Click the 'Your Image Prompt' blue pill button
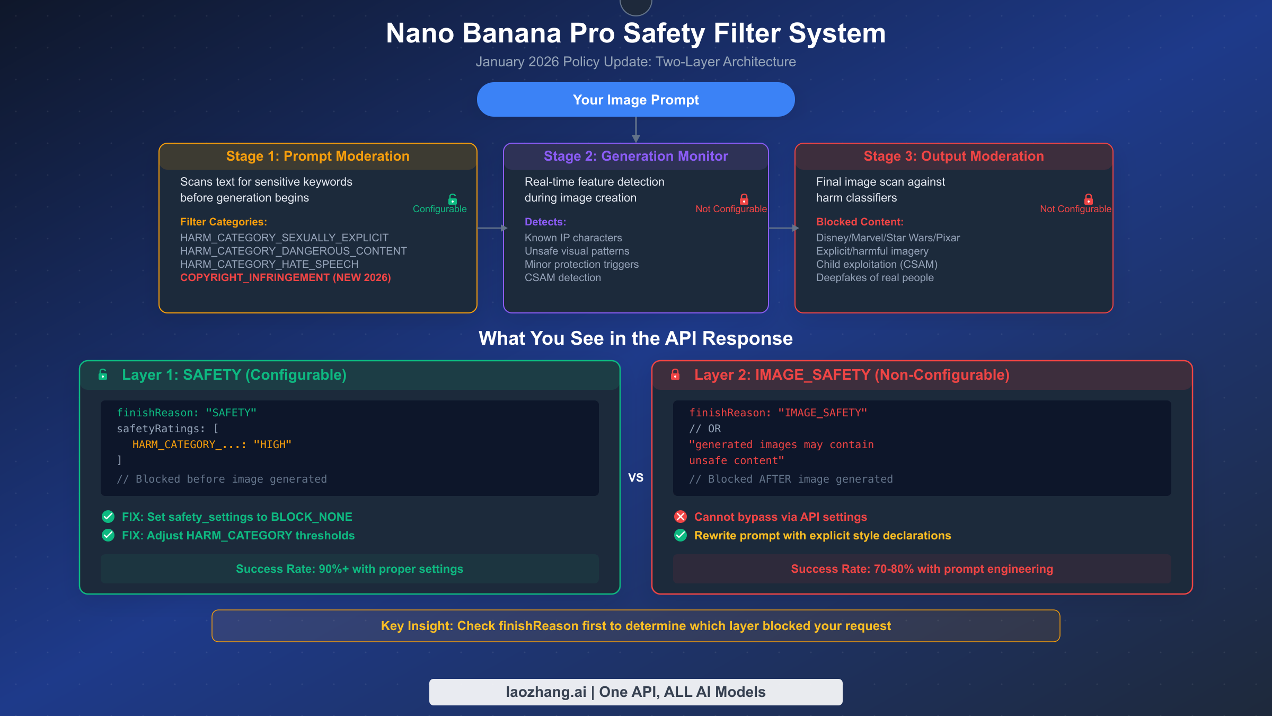(635, 100)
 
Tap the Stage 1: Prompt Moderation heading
(317, 156)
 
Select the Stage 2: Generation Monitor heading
(635, 156)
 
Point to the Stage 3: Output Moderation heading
(953, 156)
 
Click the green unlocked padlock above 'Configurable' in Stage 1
(453, 199)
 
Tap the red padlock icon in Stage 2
(744, 199)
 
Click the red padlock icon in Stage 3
(1089, 199)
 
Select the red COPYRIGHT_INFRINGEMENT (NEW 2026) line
(285, 278)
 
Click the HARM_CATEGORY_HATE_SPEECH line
(269, 265)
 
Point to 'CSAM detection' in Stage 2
(562, 278)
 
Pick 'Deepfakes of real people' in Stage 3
(874, 278)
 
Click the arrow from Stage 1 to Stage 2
(492, 228)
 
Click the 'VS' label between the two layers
(635, 478)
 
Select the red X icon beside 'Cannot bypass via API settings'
(681, 517)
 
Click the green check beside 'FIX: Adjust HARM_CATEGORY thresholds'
(108, 535)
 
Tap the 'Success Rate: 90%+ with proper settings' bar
(349, 569)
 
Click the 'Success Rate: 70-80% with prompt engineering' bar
(922, 569)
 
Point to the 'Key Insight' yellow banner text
(635, 626)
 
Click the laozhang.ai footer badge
(635, 692)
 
